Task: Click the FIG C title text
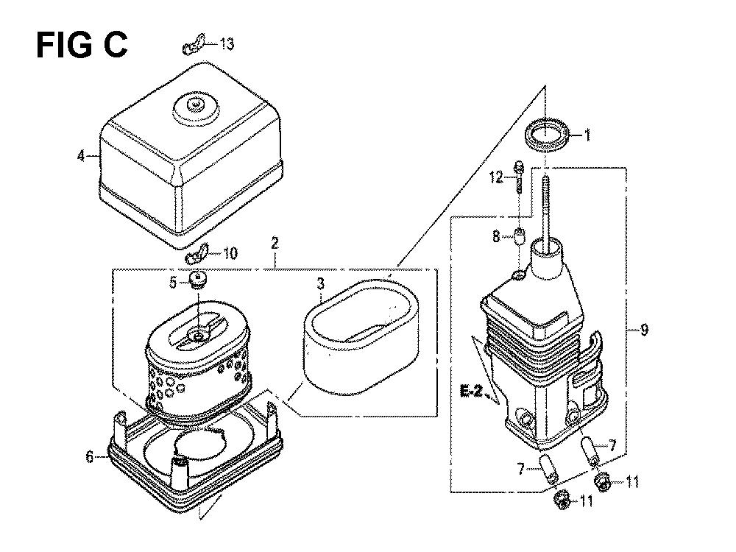click(82, 45)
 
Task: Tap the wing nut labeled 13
click(194, 45)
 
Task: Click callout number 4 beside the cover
click(82, 155)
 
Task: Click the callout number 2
click(275, 243)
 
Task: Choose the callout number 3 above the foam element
click(320, 283)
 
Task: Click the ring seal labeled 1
click(548, 135)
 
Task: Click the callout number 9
click(644, 330)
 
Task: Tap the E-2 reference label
click(471, 391)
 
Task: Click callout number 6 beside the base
click(90, 456)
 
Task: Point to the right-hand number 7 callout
click(612, 445)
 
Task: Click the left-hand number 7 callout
click(521, 468)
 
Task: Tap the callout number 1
click(587, 135)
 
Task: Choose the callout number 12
click(496, 177)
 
